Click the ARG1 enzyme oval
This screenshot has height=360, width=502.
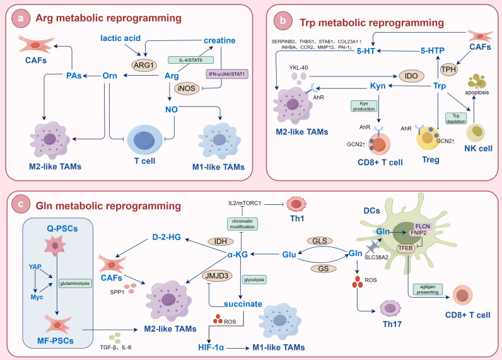[144, 66]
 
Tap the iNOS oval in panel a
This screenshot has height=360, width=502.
[186, 88]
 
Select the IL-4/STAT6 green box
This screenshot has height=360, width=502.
[191, 60]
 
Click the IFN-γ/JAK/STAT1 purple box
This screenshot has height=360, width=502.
[226, 74]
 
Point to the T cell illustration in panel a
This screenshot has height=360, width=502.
[145, 139]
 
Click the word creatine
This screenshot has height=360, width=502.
[219, 40]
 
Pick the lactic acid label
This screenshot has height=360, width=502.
[120, 38]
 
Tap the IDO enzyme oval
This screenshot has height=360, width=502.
[411, 76]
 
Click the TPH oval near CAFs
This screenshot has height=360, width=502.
[448, 69]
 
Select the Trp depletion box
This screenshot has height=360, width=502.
[456, 118]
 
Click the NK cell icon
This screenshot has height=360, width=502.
[476, 132]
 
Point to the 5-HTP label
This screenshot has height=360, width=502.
[432, 50]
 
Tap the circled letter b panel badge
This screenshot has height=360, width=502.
[283, 20]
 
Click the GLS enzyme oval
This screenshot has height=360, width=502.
[320, 241]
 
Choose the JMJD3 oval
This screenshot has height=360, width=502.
[217, 276]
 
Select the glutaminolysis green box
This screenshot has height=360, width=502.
[75, 283]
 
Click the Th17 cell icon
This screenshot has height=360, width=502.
[390, 308]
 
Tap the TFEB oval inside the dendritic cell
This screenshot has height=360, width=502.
[406, 248]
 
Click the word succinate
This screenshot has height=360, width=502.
[243, 304]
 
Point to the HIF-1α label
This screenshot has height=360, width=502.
[211, 347]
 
